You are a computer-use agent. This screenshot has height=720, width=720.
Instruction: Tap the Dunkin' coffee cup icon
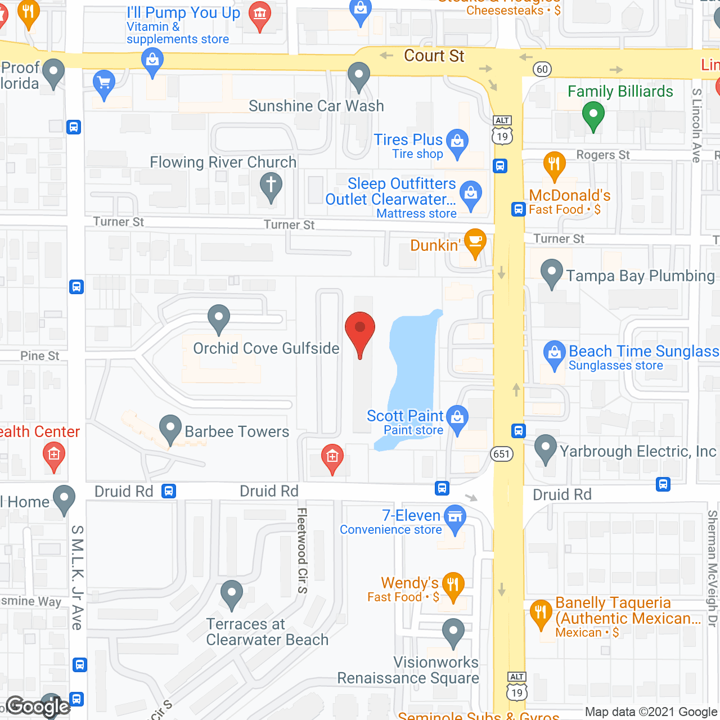pos(475,242)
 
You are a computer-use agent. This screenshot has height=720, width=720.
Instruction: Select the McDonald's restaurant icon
pos(554,165)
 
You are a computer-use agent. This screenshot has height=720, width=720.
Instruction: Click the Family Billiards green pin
pos(593,114)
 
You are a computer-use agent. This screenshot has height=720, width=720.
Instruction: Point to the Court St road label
pos(434,56)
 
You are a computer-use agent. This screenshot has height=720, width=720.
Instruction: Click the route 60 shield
pos(542,69)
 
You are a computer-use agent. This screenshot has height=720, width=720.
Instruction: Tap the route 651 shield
pos(501,454)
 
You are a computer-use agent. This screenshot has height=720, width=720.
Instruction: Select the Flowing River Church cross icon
pos(271,185)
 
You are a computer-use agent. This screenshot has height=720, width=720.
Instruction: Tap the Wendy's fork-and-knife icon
pos(453,585)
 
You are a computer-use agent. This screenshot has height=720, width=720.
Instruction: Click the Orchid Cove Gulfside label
pos(266,348)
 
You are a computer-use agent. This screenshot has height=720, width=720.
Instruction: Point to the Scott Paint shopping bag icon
pos(457,418)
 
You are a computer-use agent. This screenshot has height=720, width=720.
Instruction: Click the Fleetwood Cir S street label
pos(302,551)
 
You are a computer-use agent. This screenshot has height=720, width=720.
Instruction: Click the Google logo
pos(38,706)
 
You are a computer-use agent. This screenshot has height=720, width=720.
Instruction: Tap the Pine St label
pos(39,356)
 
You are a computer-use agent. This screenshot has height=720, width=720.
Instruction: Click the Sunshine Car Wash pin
pos(358,75)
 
